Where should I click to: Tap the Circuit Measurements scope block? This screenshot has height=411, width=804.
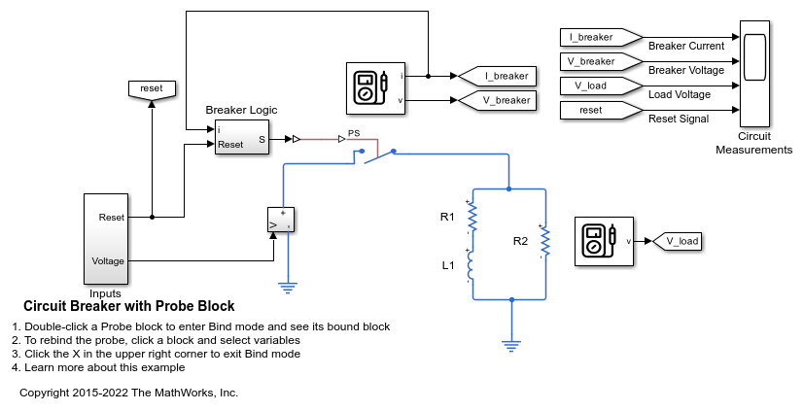[x=754, y=74]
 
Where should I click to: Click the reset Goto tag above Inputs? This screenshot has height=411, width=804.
[x=152, y=88]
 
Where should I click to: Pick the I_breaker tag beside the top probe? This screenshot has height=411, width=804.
[x=497, y=75]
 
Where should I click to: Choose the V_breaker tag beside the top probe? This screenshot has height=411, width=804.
[x=497, y=100]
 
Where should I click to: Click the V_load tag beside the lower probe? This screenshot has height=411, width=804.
[x=677, y=240]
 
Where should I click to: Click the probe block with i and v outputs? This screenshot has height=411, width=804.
[x=374, y=87]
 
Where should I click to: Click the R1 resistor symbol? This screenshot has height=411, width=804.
[x=472, y=217]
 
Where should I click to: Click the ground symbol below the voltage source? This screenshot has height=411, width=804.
[x=288, y=286]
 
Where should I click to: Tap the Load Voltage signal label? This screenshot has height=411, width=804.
[x=679, y=94]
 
